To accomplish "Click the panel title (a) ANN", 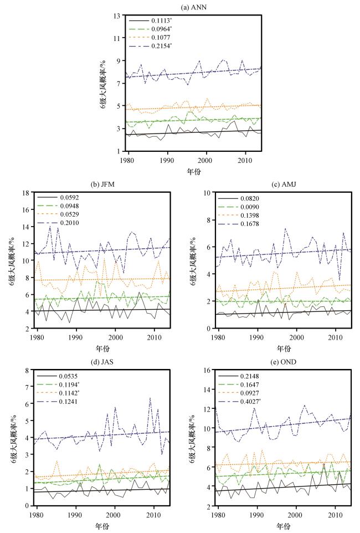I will coord(179,6).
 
